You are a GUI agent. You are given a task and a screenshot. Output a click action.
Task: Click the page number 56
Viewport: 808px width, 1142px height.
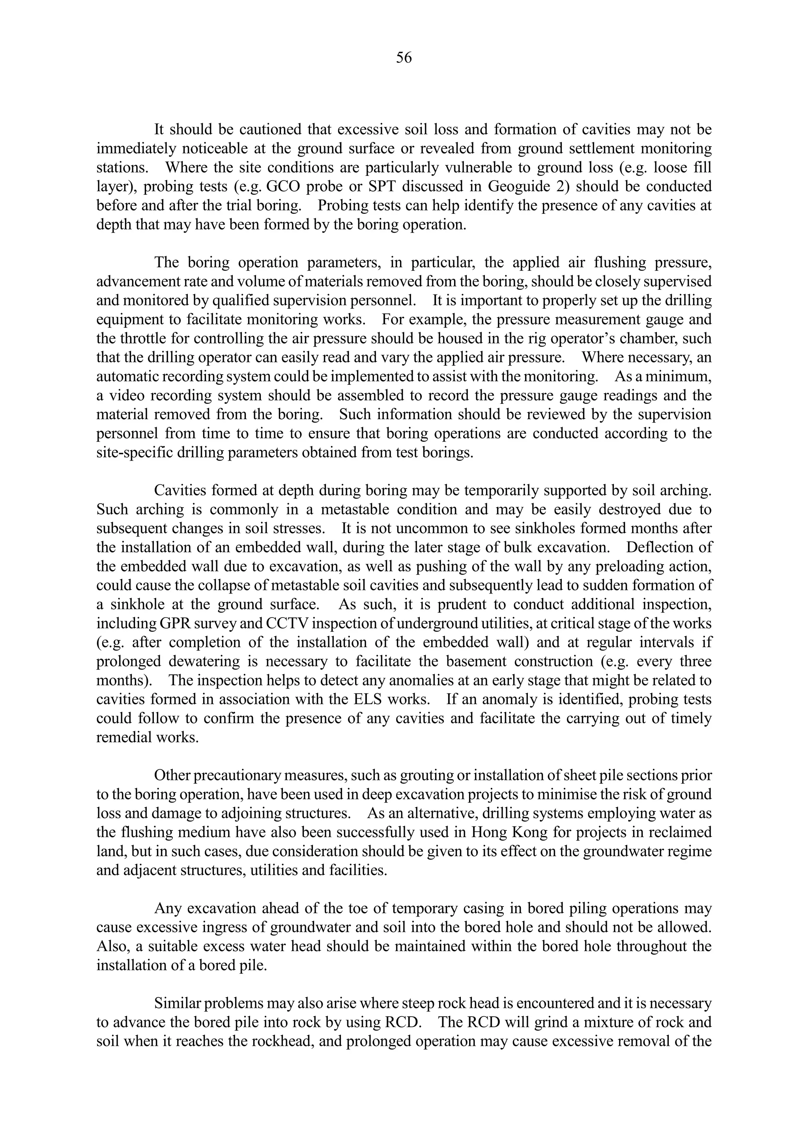click(404, 58)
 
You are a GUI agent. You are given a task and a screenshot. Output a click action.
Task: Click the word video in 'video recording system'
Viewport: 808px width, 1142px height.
click(127, 396)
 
